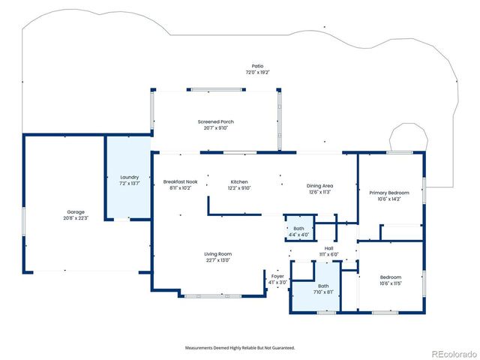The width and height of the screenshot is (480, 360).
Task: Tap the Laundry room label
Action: point(130,177)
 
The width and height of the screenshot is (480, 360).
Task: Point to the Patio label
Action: point(257,66)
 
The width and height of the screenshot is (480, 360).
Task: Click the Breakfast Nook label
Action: point(181,182)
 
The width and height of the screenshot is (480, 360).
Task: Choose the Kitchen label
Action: point(239,182)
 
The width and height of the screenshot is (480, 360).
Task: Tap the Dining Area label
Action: point(319,185)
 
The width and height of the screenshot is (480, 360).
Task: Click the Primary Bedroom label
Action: point(390,193)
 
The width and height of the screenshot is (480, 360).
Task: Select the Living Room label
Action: point(218,254)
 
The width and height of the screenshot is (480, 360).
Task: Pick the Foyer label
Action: point(277,275)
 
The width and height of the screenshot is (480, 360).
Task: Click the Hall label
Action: point(328,248)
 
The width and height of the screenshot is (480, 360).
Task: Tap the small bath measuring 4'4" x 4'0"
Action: point(298,229)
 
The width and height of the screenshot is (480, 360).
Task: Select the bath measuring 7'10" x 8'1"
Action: point(323,286)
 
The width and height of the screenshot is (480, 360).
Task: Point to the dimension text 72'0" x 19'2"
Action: point(257,72)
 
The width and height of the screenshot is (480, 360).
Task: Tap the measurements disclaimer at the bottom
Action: point(240,347)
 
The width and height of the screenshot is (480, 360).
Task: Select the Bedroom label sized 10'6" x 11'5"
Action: point(390,277)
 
